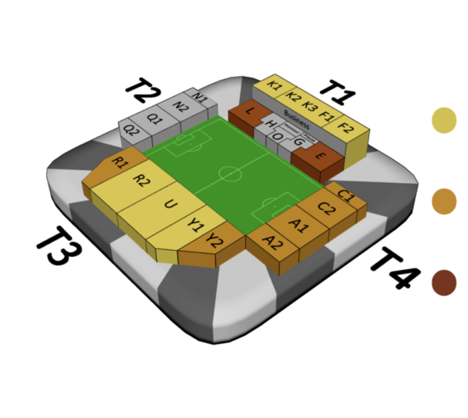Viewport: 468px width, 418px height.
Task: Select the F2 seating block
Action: click(x=345, y=127)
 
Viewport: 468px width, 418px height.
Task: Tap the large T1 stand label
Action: click(x=336, y=93)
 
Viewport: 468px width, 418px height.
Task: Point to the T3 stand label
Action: click(x=59, y=246)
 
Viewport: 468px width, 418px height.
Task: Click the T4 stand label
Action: click(x=393, y=268)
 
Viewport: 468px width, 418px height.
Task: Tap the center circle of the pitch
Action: click(x=230, y=175)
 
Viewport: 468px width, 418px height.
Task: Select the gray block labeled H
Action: click(x=270, y=124)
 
